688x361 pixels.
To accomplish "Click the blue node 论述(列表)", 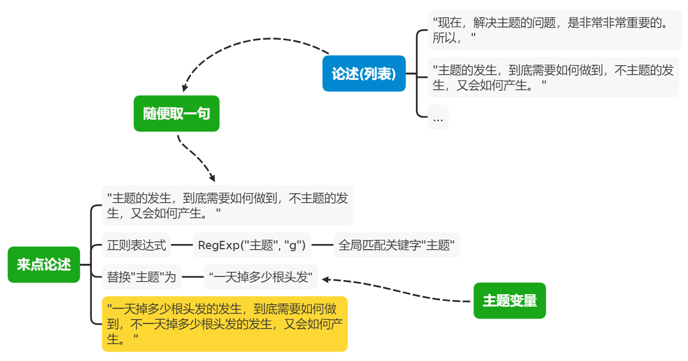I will (x=364, y=74).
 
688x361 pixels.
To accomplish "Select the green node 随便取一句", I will (x=176, y=113).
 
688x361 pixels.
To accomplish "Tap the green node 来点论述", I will (x=44, y=264).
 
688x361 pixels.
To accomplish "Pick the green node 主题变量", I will (x=509, y=300).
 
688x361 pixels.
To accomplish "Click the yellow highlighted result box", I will (x=224, y=324).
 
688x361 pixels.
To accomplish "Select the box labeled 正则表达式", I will (x=136, y=245).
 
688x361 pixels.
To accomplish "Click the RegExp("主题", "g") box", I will (x=252, y=245).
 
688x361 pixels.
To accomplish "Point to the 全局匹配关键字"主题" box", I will (x=396, y=245).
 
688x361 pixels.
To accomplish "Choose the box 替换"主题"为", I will (x=141, y=277).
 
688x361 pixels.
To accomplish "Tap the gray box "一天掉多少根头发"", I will (x=260, y=277).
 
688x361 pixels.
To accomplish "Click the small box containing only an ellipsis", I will (x=438, y=118).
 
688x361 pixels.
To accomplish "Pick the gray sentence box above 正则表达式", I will (x=227, y=205).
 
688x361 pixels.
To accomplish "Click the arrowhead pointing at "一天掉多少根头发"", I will (x=325, y=280).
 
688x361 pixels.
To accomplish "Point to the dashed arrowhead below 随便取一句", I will (x=211, y=178).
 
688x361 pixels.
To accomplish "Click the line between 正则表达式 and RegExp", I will (x=182, y=245).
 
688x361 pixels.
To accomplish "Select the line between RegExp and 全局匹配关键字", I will (x=322, y=245).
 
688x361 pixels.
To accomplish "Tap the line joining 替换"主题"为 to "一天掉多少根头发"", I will (x=193, y=277).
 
